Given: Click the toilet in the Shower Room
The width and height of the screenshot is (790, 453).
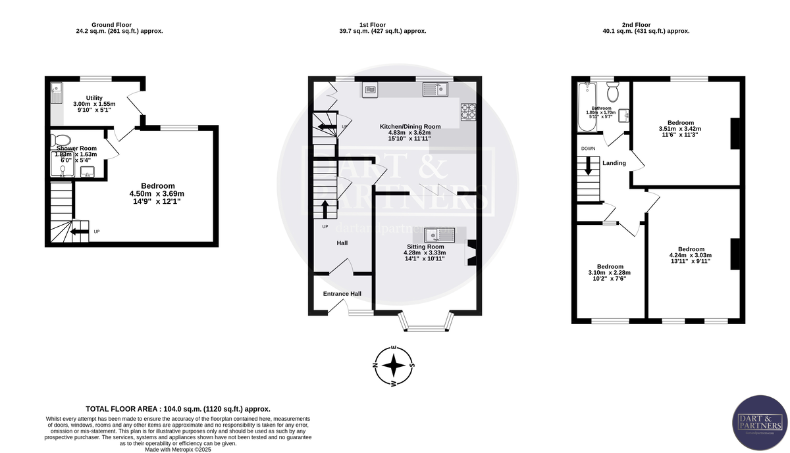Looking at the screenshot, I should point(63,139).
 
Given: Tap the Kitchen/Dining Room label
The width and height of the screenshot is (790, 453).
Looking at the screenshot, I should point(410,126).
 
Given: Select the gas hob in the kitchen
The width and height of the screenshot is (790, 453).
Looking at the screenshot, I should point(468,112).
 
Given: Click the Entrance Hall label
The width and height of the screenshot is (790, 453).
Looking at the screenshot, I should point(342,294).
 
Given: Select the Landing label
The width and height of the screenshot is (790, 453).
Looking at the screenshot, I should point(614,163).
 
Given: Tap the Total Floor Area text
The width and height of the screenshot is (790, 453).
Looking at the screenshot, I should point(178,408).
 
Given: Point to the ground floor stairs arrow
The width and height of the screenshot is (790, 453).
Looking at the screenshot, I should point(80,231).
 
